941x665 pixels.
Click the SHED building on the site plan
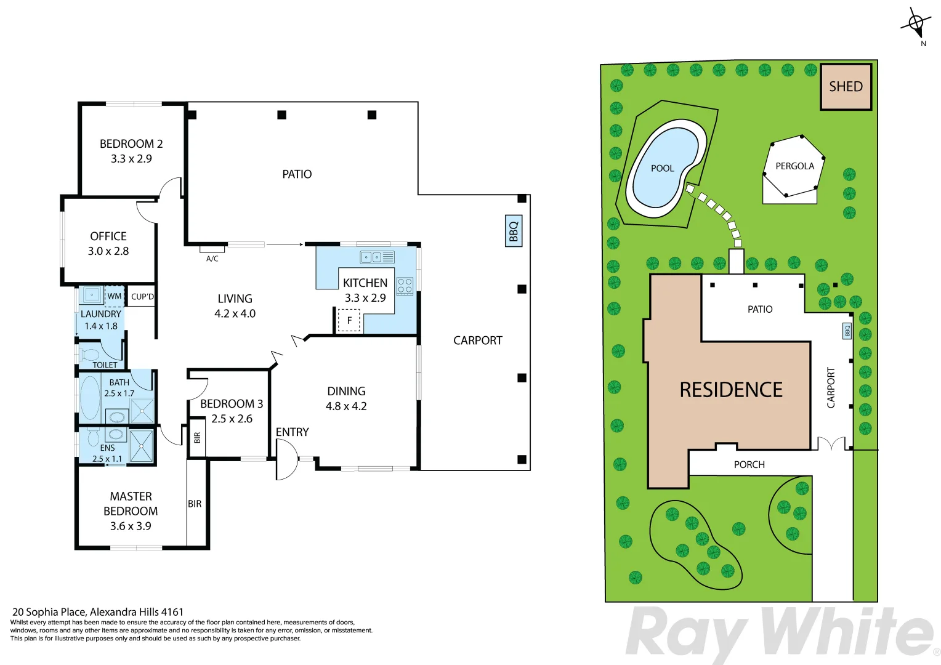(x=846, y=87)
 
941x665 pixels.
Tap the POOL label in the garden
(x=662, y=168)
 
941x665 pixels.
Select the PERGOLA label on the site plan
(x=794, y=166)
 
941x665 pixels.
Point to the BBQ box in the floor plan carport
(x=514, y=231)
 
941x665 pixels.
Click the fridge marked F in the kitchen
(x=349, y=320)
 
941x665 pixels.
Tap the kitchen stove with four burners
(x=405, y=286)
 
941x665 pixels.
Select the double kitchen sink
(x=377, y=257)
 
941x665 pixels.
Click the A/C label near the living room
(x=212, y=259)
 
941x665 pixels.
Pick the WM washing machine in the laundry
(x=115, y=296)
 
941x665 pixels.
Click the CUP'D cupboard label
(x=142, y=296)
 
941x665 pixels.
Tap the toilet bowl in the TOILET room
(x=89, y=355)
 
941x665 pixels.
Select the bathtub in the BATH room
(x=90, y=397)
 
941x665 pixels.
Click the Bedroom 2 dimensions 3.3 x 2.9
(x=131, y=159)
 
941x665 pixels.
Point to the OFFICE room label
(x=108, y=236)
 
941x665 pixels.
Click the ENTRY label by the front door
(x=292, y=432)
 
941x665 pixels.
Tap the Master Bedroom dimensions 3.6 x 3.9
(x=131, y=526)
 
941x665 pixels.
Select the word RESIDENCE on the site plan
(x=731, y=390)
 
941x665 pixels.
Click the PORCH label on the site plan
(x=749, y=465)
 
